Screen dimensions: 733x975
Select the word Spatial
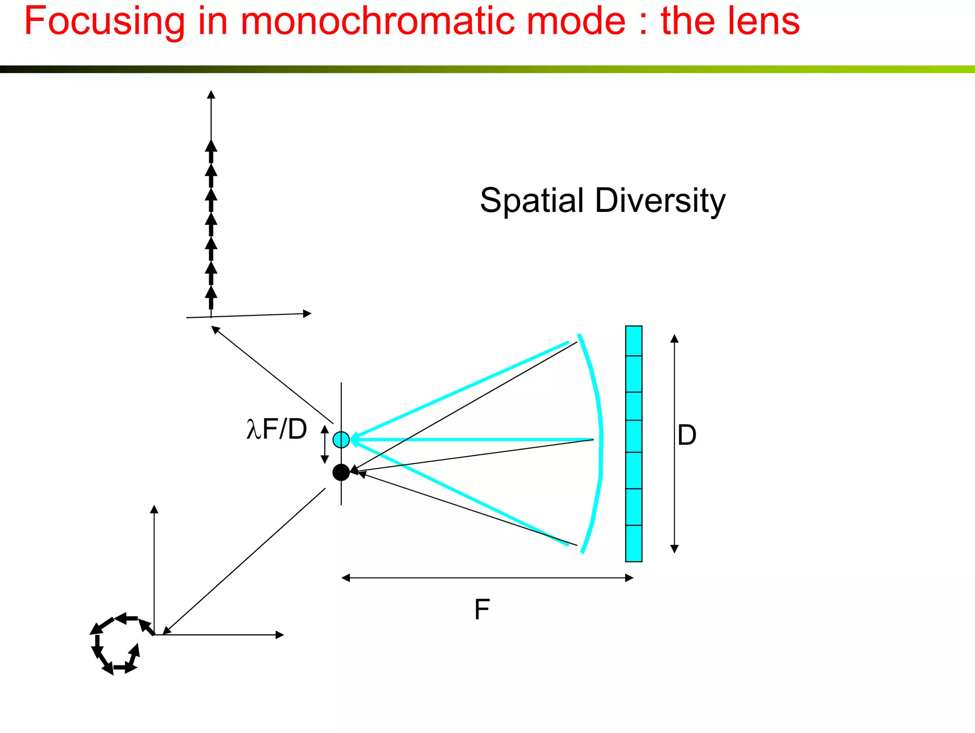[x=531, y=201]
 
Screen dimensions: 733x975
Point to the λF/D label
[x=277, y=429]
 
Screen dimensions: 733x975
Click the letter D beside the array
[x=686, y=435]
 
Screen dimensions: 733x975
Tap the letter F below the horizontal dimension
[x=482, y=609]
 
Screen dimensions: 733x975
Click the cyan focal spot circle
[x=341, y=439]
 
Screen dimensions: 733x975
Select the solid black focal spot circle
[x=341, y=472]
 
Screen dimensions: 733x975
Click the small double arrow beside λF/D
[x=325, y=444]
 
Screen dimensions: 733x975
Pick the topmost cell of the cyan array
[x=634, y=341]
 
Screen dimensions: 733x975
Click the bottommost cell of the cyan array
[x=634, y=543]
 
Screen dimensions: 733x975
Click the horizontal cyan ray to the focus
[x=476, y=439]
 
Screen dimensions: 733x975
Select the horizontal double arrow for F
[x=487, y=578]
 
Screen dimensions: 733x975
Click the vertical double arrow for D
[x=674, y=443]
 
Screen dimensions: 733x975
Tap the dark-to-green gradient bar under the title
[x=487, y=69]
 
